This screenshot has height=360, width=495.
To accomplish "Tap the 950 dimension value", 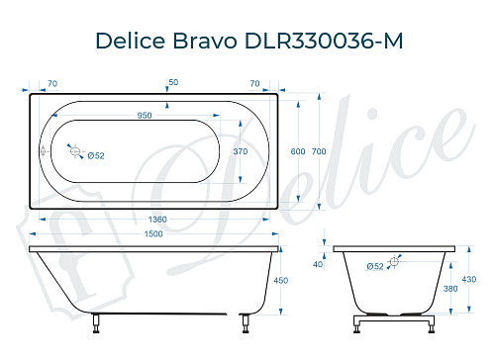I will click(x=145, y=116).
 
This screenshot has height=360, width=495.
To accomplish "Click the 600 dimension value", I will click(x=297, y=151).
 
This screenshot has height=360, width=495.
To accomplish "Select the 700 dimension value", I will click(x=318, y=151).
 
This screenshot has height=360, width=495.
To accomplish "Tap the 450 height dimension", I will click(x=280, y=280).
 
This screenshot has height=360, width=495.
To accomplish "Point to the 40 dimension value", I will click(x=318, y=264).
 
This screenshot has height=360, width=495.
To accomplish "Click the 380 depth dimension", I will click(x=450, y=290).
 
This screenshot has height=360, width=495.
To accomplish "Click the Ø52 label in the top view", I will click(x=96, y=156).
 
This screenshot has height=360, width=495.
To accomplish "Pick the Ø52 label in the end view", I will click(x=375, y=267).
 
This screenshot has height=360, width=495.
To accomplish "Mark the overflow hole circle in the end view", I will click(x=395, y=261).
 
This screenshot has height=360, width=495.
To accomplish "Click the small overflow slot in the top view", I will click(x=42, y=151).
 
